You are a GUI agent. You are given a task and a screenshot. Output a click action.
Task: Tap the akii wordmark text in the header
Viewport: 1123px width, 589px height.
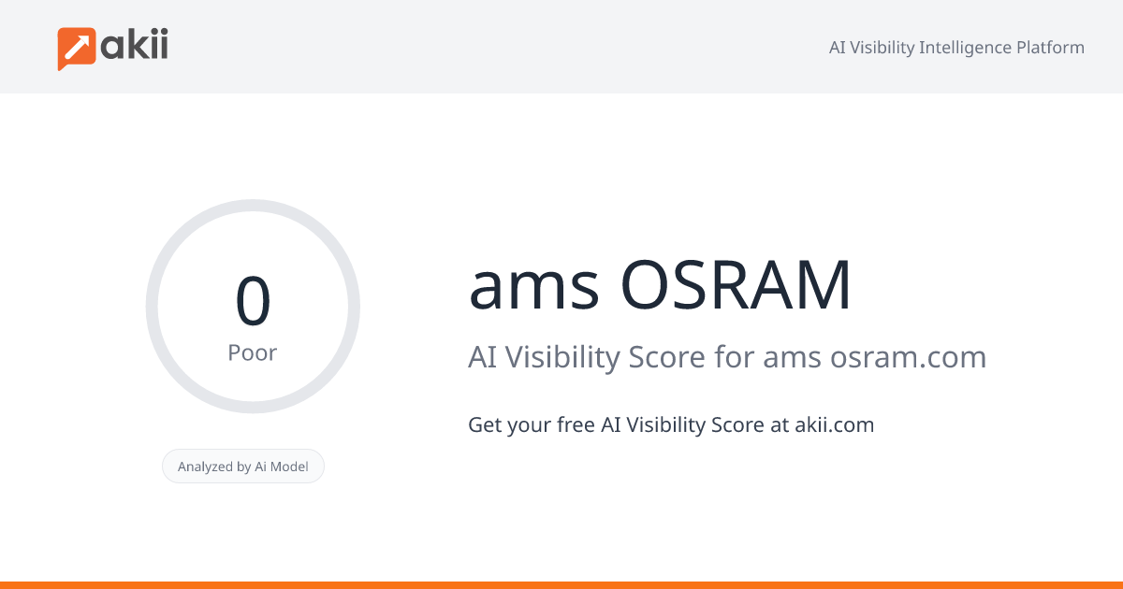135,45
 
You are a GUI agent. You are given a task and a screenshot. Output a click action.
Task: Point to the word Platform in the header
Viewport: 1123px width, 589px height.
1051,48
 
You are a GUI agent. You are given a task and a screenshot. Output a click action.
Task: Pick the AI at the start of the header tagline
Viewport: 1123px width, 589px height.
838,48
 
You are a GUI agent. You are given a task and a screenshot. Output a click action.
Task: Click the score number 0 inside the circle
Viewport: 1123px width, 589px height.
253,301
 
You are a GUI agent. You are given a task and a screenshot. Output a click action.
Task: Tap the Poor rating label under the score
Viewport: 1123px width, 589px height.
253,353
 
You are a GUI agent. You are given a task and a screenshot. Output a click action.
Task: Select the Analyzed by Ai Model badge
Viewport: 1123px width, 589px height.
243,467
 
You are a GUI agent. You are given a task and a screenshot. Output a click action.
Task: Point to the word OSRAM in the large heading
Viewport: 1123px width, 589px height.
737,286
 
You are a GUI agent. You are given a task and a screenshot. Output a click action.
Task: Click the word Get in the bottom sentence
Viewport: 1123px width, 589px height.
485,425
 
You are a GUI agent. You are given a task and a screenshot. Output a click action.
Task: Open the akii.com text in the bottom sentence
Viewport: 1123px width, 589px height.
834,425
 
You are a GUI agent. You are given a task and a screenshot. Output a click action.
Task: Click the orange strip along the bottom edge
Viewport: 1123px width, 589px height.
561,584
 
